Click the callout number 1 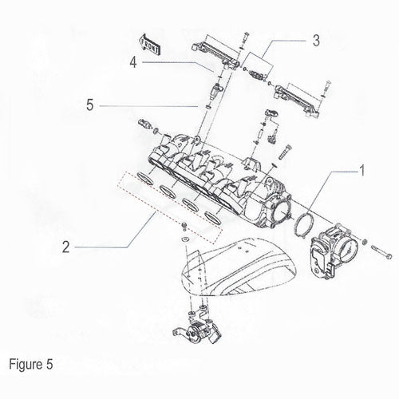[x=361, y=171]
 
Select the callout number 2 [x=65, y=247]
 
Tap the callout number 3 [x=316, y=41]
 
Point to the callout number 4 [x=133, y=63]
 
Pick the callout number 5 [x=90, y=105]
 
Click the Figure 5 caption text [x=31, y=364]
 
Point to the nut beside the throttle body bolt [x=365, y=242]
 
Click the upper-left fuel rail [x=215, y=53]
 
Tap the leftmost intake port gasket [x=146, y=178]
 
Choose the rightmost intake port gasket [x=213, y=217]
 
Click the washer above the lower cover [x=184, y=239]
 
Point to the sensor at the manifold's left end [x=145, y=124]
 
